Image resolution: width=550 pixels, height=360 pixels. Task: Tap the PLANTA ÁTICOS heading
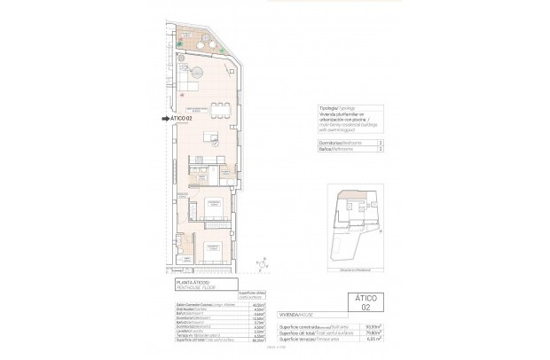click(184, 281)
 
